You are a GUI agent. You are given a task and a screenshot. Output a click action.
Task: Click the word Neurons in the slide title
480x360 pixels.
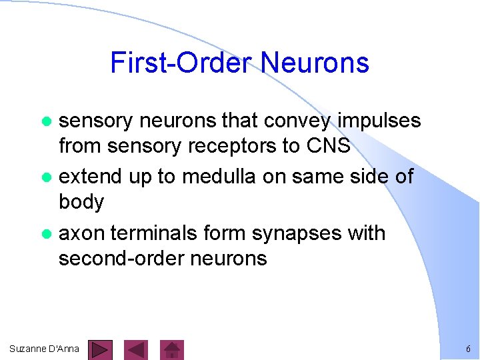pos(315,63)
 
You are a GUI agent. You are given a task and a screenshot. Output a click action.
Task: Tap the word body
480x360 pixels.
pos(81,202)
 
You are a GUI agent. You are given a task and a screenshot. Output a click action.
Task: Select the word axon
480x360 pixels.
pos(82,234)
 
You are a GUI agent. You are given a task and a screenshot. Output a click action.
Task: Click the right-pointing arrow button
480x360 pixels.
pos(101,349)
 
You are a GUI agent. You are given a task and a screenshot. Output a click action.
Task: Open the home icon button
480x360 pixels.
pos(173,349)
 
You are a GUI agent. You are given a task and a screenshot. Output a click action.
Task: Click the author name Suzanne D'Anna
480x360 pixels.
pos(45,349)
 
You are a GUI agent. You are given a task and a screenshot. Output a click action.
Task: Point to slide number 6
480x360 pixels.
pos(468,349)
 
